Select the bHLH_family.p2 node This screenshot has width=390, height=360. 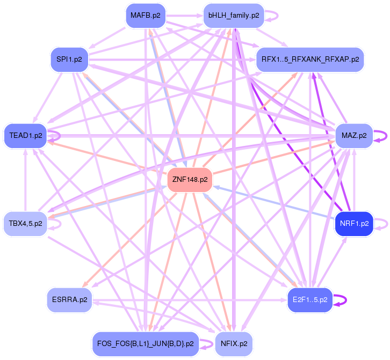[234, 16]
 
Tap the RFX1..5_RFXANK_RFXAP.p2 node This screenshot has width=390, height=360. [310, 59]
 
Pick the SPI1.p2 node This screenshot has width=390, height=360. [69, 60]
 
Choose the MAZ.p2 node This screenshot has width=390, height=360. [353, 136]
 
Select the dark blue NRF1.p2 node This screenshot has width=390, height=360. [354, 223]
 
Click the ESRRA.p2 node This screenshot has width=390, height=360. [69, 299]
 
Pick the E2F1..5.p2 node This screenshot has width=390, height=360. [310, 299]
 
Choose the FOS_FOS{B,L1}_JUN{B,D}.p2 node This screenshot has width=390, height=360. [145, 343]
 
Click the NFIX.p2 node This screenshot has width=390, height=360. [234, 343]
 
